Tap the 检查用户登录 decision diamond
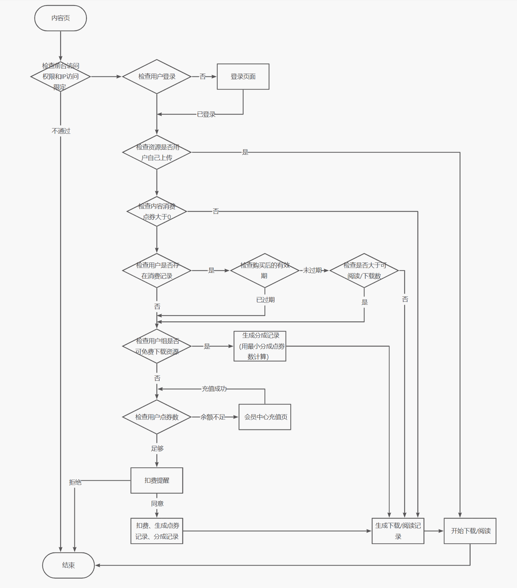157,76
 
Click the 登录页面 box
243,76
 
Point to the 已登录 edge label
206,114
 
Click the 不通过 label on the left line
61,131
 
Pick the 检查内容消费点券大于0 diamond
157,211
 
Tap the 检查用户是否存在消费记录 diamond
157,270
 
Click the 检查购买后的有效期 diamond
265,270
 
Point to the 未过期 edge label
312,270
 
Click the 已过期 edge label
265,300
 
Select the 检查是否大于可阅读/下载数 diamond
364,270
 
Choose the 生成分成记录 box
260,346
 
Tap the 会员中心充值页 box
265,417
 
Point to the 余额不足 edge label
213,417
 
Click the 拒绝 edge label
75,482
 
